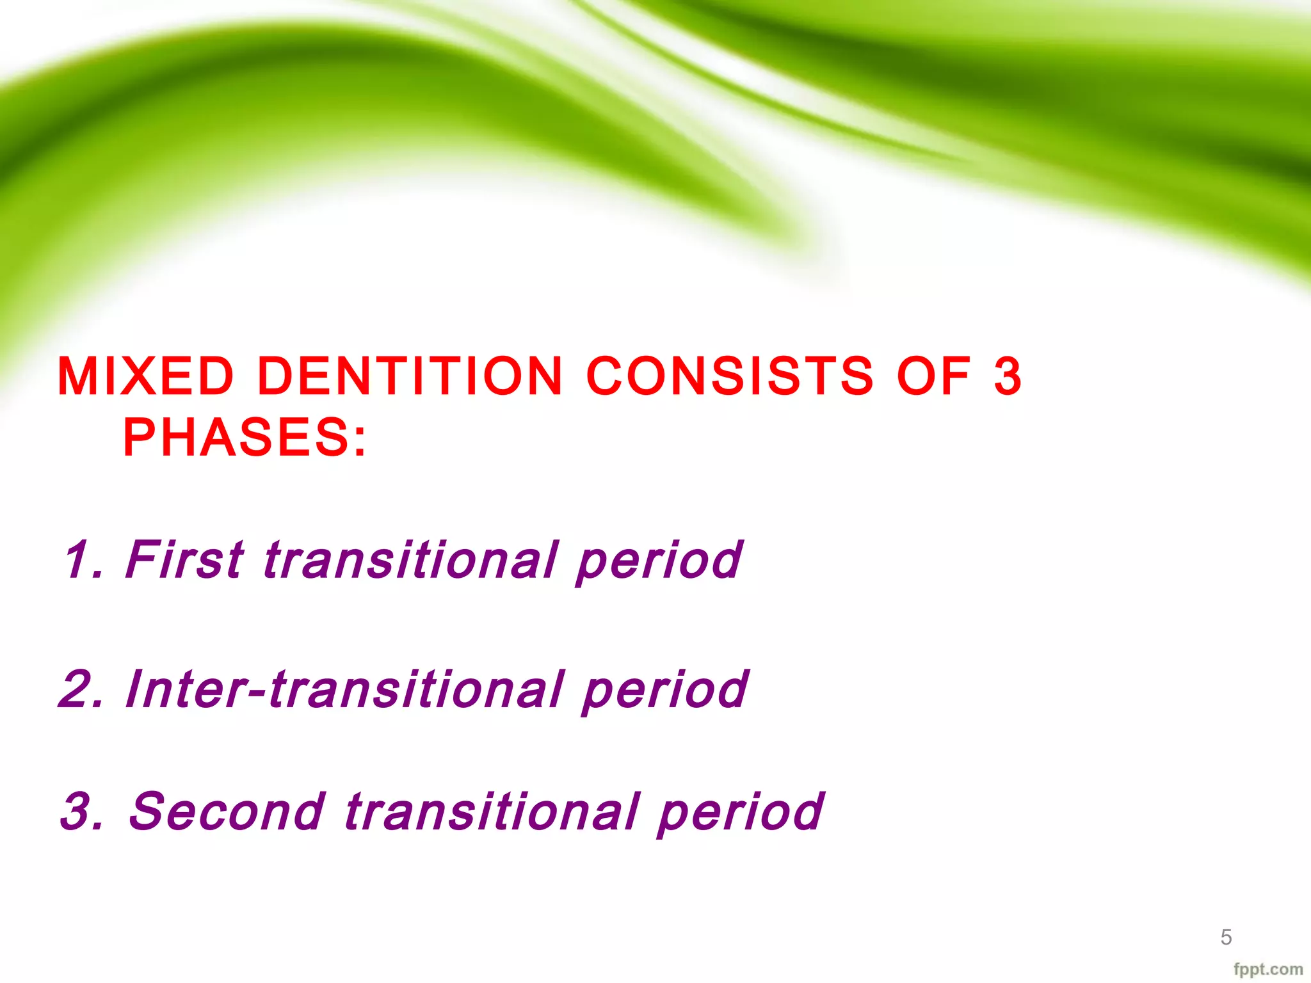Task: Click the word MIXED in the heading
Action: pos(146,376)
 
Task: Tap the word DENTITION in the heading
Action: pos(410,376)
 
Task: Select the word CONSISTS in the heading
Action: pos(730,376)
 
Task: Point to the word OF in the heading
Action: pos(934,376)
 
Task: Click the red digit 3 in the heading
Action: pos(1007,376)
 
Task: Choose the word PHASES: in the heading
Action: pos(245,438)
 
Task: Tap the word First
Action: pos(184,560)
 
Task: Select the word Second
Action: pos(227,812)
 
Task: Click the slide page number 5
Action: pos(1226,938)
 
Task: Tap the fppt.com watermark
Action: pos(1268,970)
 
